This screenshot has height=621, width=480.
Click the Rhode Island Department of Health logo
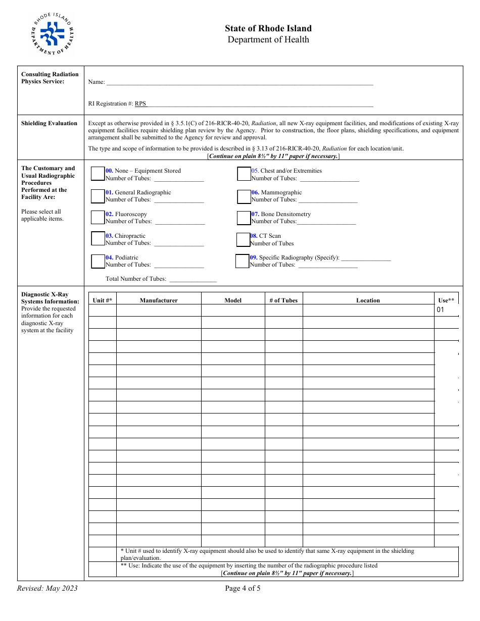(x=53, y=34)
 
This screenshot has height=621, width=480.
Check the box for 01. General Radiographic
(x=98, y=196)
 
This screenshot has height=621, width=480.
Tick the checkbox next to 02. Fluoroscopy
(x=98, y=218)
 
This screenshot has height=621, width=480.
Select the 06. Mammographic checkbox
(x=244, y=196)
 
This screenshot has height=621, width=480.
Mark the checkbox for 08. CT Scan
(x=243, y=239)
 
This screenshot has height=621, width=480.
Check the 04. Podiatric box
(x=98, y=261)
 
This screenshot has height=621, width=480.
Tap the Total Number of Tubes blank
(x=193, y=279)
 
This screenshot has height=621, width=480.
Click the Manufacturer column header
(x=159, y=300)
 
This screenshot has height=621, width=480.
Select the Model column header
(x=233, y=300)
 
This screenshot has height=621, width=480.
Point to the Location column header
(x=368, y=300)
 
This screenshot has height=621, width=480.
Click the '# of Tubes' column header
(x=283, y=300)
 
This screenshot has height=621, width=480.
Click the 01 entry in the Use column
(x=441, y=310)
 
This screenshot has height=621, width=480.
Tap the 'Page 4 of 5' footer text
(x=243, y=588)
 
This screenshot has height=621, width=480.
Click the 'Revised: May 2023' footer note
(x=47, y=588)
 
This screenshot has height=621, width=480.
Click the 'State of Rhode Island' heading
(x=268, y=29)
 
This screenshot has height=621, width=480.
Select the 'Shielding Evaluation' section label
(x=50, y=123)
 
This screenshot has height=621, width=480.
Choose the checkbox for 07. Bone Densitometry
(x=244, y=218)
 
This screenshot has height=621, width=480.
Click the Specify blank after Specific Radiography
(x=366, y=258)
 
